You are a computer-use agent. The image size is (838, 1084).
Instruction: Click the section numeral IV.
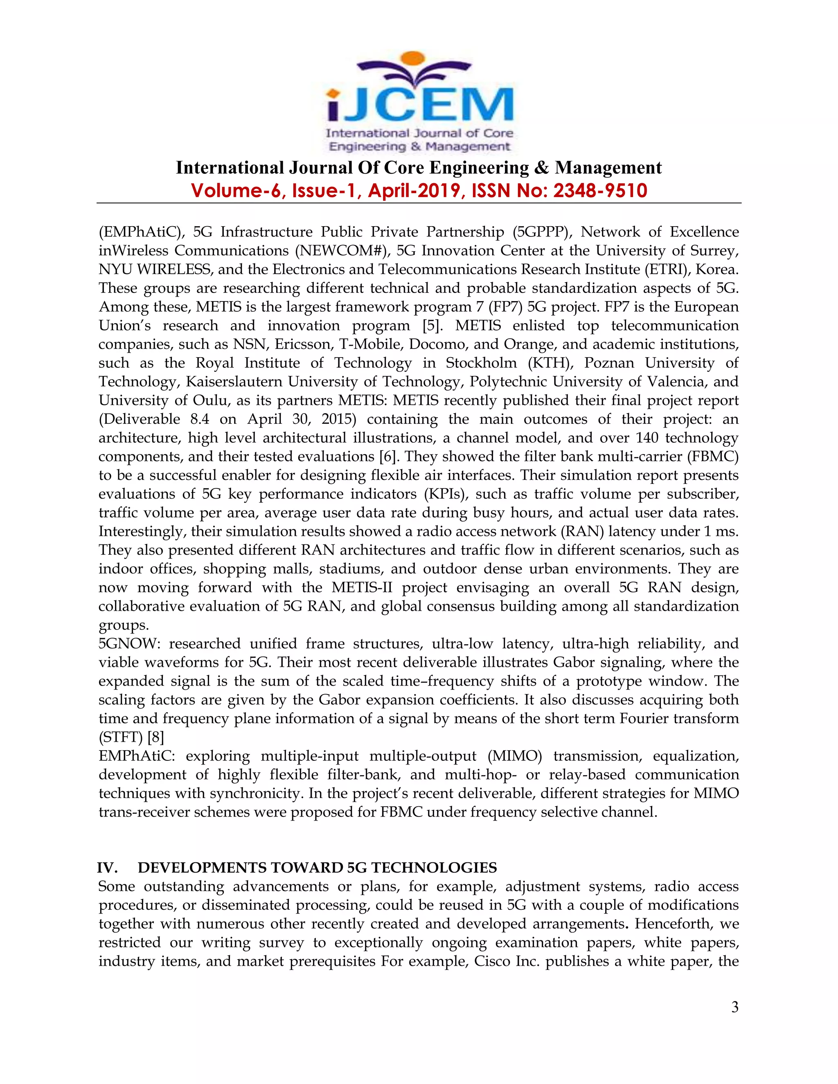pos(107,868)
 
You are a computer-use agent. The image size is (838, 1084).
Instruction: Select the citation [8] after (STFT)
pos(155,737)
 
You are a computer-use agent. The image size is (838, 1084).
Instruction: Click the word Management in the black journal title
pos(608,168)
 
